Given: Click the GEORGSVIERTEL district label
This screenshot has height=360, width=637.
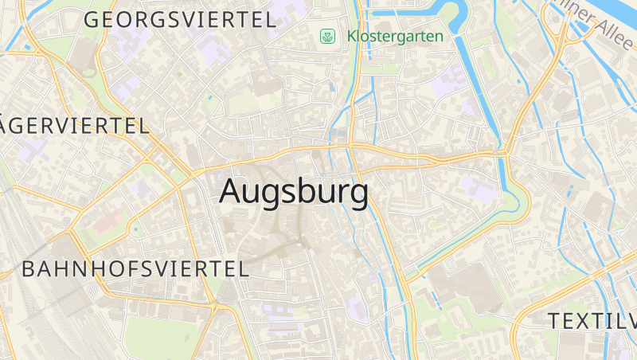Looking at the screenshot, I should (180, 20).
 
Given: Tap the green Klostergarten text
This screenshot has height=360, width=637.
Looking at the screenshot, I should (395, 36).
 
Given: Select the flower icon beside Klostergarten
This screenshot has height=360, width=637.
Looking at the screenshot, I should (327, 36).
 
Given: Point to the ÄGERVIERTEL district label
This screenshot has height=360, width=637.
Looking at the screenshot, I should (76, 126).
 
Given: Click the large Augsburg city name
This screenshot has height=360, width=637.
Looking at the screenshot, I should (294, 192).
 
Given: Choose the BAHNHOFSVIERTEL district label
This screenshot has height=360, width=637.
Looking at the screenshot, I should (135, 268).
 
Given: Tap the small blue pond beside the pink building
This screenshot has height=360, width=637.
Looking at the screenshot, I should (135, 230).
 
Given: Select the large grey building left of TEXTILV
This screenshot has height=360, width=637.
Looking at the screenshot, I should (470, 287).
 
